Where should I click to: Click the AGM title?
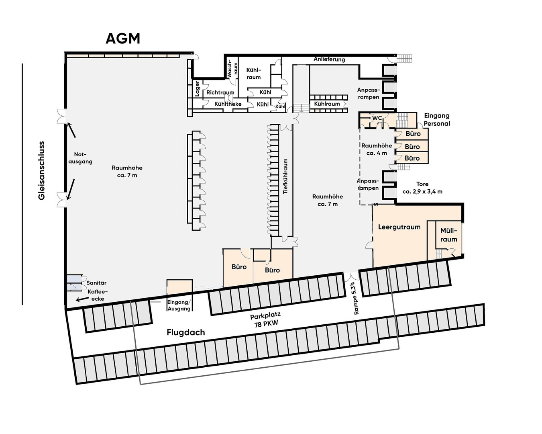[123, 39]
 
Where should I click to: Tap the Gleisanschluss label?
[41, 170]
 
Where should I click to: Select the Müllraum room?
[448, 235]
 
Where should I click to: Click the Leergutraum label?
[399, 227]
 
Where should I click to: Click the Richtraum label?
[220, 92]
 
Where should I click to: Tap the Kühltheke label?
[228, 104]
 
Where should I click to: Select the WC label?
[377, 118]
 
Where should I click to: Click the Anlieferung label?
[329, 59]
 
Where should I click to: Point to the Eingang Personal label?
[437, 120]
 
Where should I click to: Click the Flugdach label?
[185, 332]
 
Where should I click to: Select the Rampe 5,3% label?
[353, 298]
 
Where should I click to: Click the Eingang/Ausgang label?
[179, 305]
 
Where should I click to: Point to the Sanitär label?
[96, 283]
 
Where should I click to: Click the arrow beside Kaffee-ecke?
[82, 299]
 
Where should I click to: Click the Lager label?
[197, 88]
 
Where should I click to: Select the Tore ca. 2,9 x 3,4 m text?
[422, 188]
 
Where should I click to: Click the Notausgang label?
[83, 158]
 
